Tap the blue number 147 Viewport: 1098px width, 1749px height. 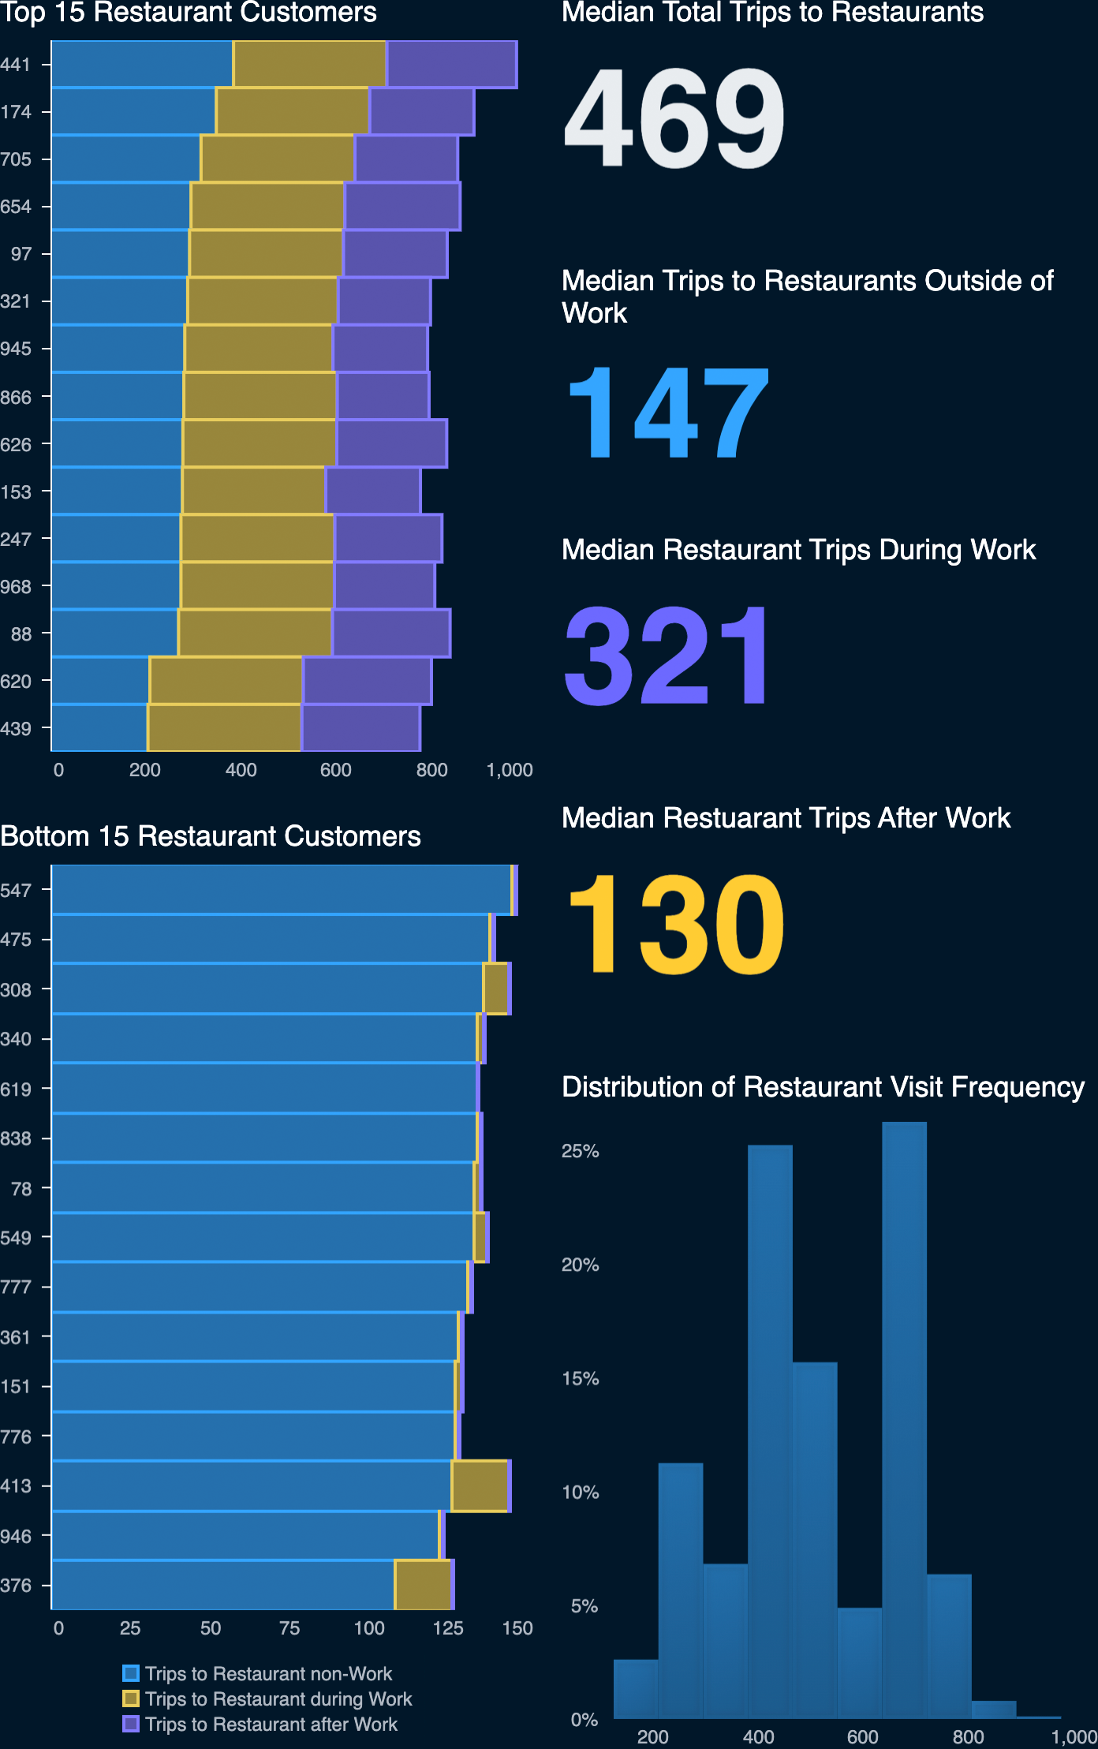667,413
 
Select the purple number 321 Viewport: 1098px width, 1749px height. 667,656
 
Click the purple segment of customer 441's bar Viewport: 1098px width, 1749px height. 451,64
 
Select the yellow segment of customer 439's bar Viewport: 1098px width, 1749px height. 225,728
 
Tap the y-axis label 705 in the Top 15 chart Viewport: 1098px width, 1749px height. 16,159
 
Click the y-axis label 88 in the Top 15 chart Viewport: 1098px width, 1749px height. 21,633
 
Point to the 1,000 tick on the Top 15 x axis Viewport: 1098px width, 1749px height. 510,770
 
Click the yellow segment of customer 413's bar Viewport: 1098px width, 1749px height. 480,1486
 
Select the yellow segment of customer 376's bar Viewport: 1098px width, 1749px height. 423,1585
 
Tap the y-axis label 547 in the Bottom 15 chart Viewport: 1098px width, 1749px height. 16,891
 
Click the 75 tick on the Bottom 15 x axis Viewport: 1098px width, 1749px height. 289,1628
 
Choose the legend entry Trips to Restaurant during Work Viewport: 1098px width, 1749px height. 278,1699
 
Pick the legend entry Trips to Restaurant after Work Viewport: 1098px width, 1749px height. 271,1724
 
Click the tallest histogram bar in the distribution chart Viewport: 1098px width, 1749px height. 904,1420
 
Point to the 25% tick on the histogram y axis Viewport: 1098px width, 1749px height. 580,1151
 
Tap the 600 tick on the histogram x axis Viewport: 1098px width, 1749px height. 862,1736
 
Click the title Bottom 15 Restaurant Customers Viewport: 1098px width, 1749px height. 211,836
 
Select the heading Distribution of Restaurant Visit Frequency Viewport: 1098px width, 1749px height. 823,1087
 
